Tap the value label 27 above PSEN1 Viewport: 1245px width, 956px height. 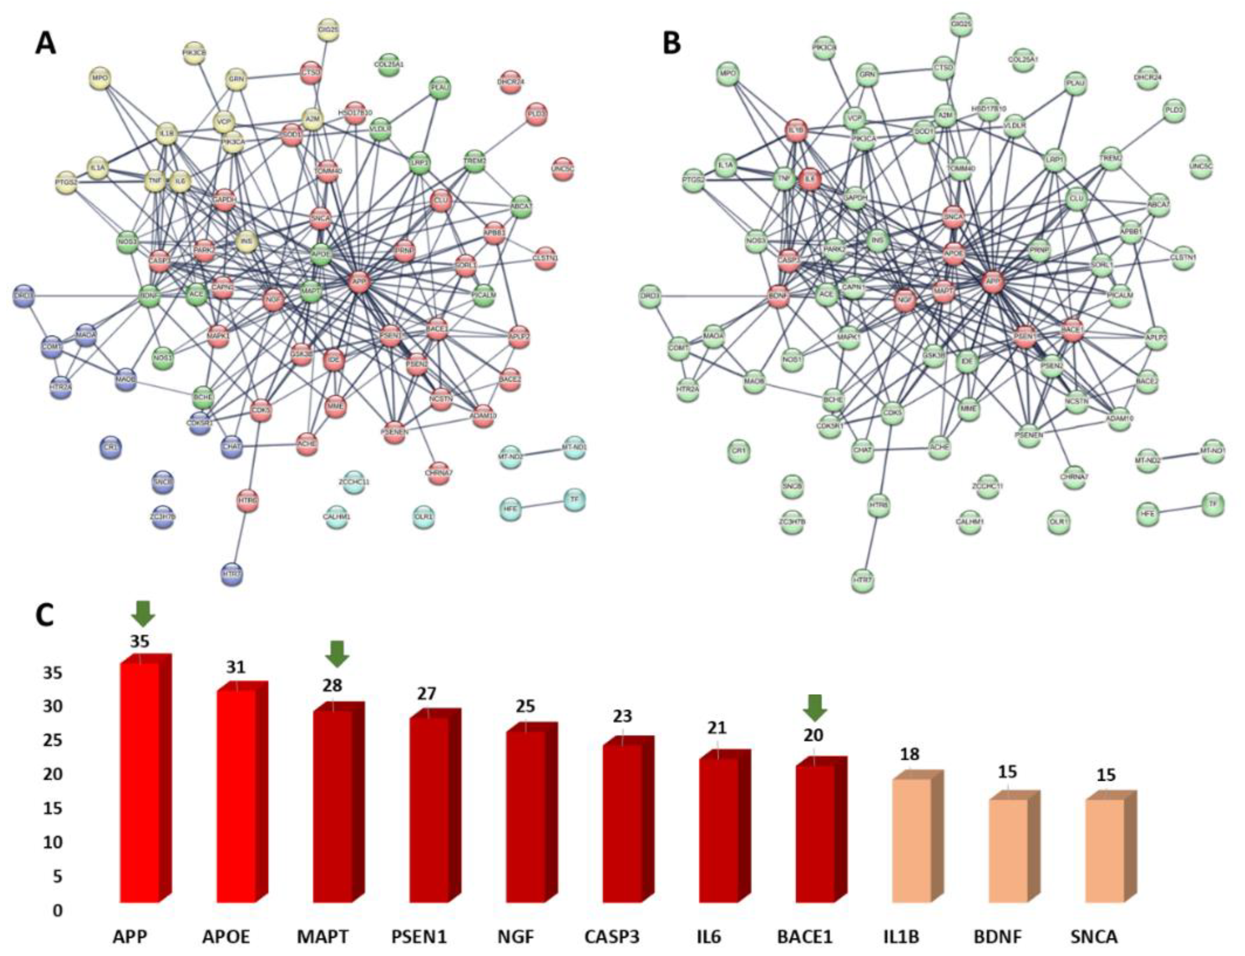[x=427, y=694]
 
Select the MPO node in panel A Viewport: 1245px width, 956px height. [x=100, y=77]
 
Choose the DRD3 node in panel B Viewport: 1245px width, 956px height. [x=650, y=297]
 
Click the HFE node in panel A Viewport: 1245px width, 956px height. [x=511, y=508]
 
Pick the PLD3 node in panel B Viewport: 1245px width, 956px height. [x=1174, y=110]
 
